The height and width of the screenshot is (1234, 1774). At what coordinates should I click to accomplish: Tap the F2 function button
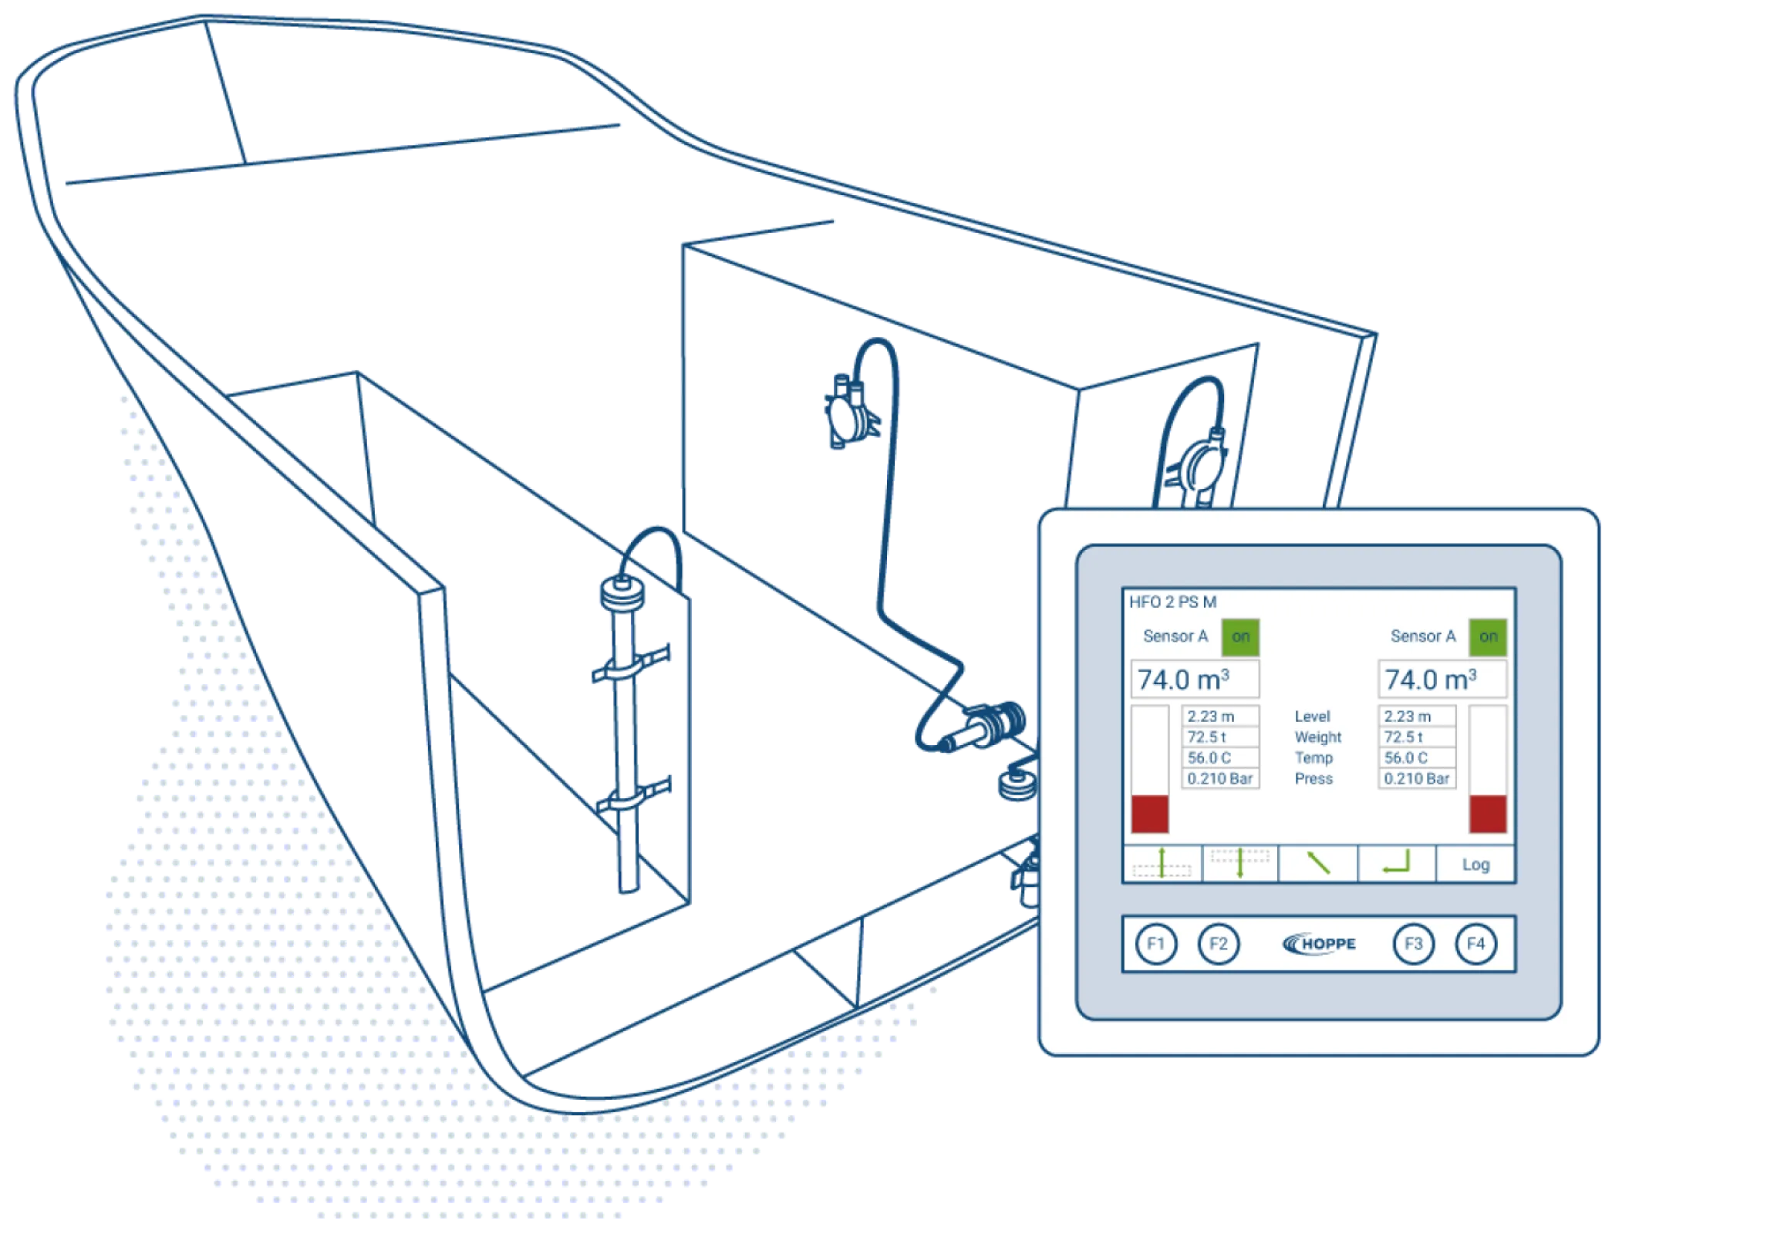pos(1219,943)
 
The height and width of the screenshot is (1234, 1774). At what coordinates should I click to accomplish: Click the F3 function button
pos(1413,943)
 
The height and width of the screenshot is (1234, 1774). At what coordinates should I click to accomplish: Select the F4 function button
pos(1476,943)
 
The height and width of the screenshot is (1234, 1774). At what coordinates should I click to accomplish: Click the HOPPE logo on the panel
pos(1319,943)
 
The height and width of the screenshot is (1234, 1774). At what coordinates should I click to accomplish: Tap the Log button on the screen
pos(1476,865)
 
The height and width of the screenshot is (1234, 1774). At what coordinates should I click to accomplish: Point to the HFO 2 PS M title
pos(1173,602)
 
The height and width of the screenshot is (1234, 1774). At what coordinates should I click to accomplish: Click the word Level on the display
pos(1313,716)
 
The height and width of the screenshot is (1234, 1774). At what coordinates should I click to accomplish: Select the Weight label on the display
pos(1318,737)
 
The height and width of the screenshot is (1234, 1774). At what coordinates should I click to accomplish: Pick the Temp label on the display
pos(1314,758)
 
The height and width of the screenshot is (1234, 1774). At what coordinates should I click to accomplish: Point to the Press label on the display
pos(1314,779)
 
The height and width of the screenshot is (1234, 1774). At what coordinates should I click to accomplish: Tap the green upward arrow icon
pos(1162,863)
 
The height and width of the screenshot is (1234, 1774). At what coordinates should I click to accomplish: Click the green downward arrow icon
pos(1240,863)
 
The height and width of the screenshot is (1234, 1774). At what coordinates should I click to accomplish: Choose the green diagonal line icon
pos(1318,863)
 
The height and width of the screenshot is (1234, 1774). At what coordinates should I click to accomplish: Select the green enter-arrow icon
pos(1397,863)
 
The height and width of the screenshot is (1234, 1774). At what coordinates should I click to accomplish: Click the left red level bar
pos(1150,814)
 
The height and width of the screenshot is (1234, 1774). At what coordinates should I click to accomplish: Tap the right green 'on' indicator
pos(1488,637)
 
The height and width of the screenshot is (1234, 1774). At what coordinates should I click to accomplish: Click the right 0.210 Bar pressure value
pos(1417,779)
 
